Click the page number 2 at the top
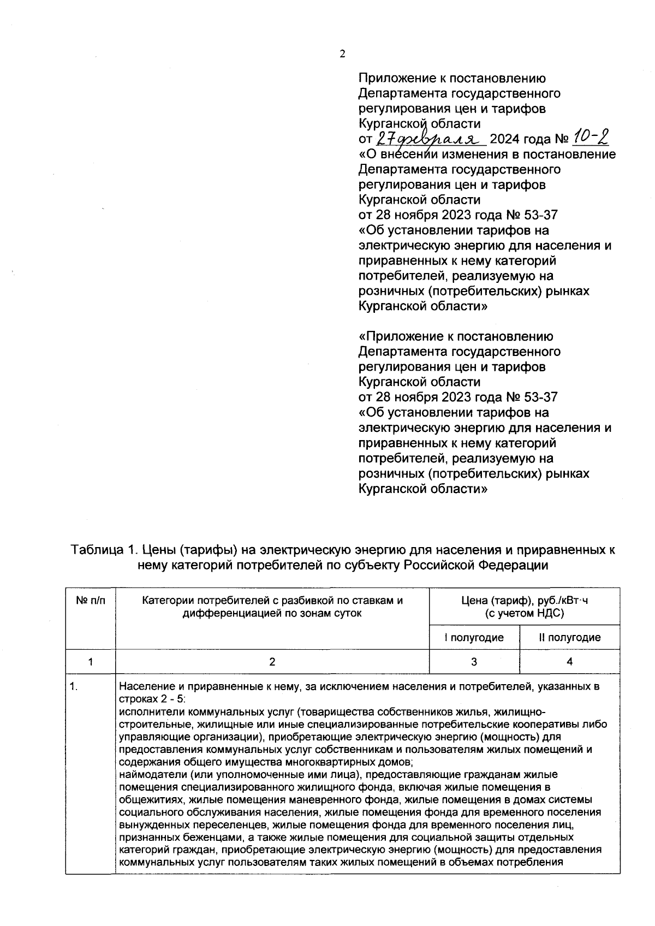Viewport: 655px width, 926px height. [x=342, y=54]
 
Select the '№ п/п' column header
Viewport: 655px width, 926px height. [x=90, y=601]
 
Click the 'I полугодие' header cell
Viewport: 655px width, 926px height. [x=474, y=637]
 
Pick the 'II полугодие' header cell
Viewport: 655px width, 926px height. [x=569, y=637]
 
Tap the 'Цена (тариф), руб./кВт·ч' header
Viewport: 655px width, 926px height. [x=524, y=601]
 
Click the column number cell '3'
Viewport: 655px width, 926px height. [x=474, y=661]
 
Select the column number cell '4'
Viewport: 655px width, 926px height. [x=569, y=661]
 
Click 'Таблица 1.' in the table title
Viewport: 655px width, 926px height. [x=102, y=550]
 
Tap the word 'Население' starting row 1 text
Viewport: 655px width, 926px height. [x=143, y=687]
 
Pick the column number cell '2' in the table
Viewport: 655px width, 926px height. [x=272, y=661]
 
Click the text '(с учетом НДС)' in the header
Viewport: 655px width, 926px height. [x=524, y=613]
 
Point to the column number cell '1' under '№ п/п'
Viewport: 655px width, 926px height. [x=90, y=661]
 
